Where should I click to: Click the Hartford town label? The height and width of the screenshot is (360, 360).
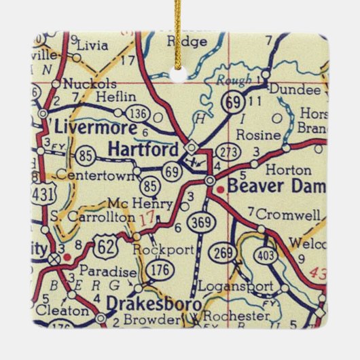145,149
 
